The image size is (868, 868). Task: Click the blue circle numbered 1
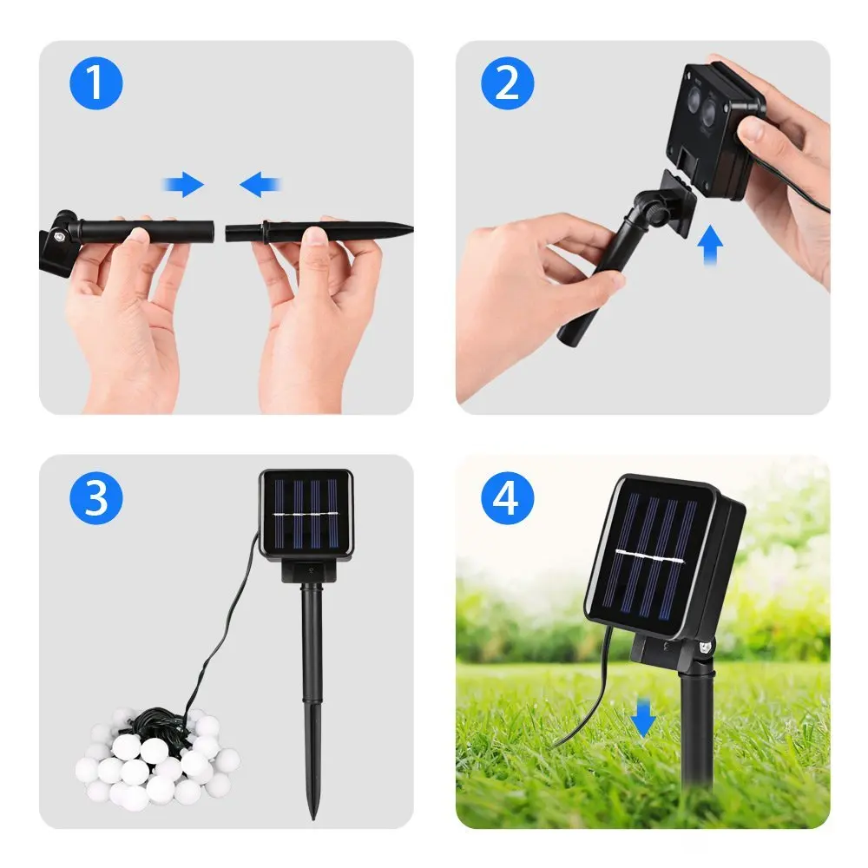pos(95,83)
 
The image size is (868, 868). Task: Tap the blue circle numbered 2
pos(507,83)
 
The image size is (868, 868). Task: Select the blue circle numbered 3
pos(95,498)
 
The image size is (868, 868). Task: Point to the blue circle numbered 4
pos(507,498)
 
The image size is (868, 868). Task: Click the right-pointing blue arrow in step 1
pos(183,184)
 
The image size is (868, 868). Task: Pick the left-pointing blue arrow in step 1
pos(260,184)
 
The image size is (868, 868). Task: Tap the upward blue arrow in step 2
pos(710,246)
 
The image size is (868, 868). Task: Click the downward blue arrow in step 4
pos(642,718)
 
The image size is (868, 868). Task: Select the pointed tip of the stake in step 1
pos(411,228)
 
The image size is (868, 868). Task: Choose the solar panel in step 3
pos(306,515)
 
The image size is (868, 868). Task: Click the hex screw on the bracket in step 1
pos(57,236)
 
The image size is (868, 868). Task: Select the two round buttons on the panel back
pos(700,105)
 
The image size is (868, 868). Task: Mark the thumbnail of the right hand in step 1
pos(316,236)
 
